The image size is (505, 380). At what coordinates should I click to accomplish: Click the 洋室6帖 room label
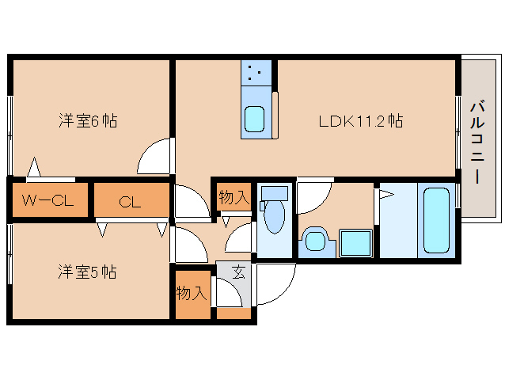pos(88,121)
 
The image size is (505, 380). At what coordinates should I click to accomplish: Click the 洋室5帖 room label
pos(88,272)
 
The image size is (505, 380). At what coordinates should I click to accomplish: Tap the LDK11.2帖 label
pos(361,121)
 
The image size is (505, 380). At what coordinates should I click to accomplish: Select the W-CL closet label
pos(47,201)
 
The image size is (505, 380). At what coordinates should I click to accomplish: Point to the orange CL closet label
pos(130,202)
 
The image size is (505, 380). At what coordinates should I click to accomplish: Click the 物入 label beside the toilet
pos(234,198)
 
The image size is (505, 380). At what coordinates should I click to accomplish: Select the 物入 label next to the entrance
pos(191,293)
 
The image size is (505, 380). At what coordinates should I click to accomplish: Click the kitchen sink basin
pos(255,120)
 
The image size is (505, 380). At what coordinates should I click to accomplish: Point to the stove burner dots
pos(255,74)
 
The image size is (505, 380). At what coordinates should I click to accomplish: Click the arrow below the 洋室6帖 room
pos(33,167)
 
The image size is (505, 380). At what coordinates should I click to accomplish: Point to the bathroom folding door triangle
pos(386,195)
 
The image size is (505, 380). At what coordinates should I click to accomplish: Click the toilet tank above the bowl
pos(274,192)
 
